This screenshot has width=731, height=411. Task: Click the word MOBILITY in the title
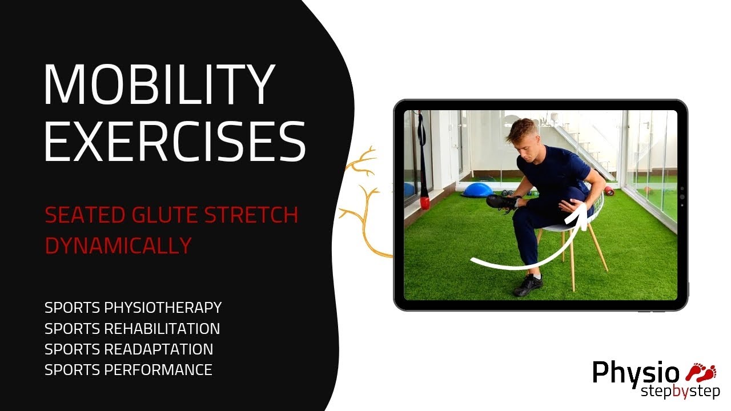click(x=159, y=86)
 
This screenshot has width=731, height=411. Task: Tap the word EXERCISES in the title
click(x=174, y=140)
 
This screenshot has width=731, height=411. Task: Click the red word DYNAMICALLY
click(x=118, y=245)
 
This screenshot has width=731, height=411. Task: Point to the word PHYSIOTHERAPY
click(x=163, y=308)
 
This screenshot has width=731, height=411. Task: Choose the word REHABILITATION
click(x=162, y=328)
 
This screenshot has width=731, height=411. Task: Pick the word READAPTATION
click(x=159, y=349)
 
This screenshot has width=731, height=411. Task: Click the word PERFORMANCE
click(x=158, y=369)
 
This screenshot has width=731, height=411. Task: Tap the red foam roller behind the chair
click(x=609, y=191)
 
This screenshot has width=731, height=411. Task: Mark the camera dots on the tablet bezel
click(x=681, y=196)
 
